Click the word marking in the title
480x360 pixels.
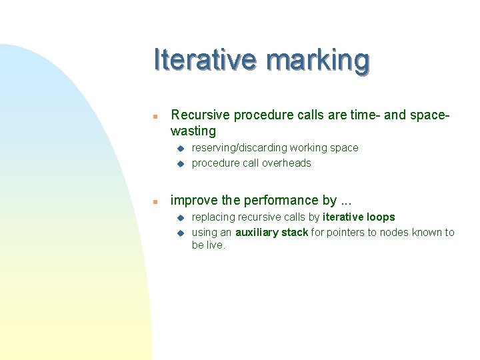pos(317,61)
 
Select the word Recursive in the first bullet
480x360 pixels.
pos(199,115)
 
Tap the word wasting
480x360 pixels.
pos(193,131)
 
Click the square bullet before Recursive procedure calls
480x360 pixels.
pos(154,116)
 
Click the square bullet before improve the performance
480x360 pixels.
pos(154,201)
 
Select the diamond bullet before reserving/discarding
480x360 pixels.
pos(179,148)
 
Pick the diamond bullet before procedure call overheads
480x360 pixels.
pos(179,163)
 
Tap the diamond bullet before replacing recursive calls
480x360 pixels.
pos(179,217)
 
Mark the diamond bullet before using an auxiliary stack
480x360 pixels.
pos(179,233)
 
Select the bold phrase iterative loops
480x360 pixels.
pos(359,217)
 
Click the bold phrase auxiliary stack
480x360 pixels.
pos(271,233)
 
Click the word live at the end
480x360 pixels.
pos(216,245)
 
